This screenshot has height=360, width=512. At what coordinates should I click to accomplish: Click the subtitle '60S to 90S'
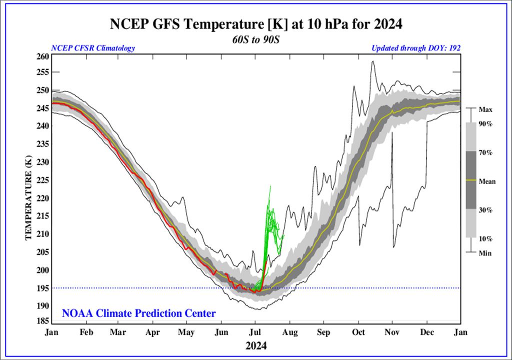click(x=256, y=39)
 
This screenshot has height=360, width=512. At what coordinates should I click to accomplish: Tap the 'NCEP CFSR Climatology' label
click(x=93, y=48)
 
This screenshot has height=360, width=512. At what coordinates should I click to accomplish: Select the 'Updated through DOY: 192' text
click(x=415, y=48)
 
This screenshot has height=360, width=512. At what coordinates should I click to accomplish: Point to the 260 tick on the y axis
click(x=43, y=56)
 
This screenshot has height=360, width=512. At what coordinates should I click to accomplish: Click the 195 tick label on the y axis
click(x=43, y=288)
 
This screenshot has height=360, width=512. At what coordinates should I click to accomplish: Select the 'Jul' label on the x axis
click(x=255, y=332)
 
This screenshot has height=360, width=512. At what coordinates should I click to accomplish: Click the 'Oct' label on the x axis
click(x=358, y=332)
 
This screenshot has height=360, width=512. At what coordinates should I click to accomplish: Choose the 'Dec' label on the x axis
click(x=426, y=332)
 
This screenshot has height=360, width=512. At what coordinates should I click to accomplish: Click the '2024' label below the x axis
click(x=255, y=345)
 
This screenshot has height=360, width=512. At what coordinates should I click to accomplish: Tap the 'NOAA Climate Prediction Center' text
click(x=139, y=314)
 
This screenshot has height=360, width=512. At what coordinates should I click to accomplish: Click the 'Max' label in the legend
click(x=485, y=108)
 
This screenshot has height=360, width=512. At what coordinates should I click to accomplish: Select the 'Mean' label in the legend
click(x=487, y=181)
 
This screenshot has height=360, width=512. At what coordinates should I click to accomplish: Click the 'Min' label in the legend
click(x=484, y=253)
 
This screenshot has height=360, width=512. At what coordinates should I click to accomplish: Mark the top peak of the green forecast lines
click(x=270, y=186)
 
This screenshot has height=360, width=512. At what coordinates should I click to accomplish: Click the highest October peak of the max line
click(x=372, y=61)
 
